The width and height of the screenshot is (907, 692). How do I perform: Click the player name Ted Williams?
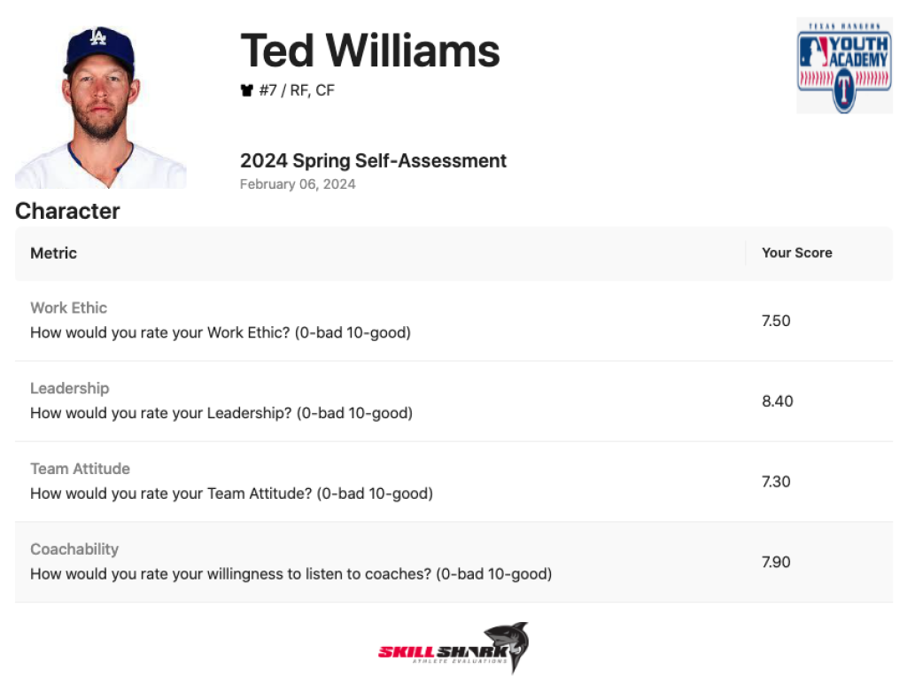(369, 51)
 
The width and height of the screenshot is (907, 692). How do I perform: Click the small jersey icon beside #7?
(247, 90)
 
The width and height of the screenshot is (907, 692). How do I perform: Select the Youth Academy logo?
(843, 66)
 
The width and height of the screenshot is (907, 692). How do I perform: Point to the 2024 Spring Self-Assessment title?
(373, 161)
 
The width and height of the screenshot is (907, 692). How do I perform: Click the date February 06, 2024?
(298, 184)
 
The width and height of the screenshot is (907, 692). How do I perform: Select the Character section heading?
(67, 211)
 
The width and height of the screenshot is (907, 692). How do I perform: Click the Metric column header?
(53, 253)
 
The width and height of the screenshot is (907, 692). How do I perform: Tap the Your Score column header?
(796, 253)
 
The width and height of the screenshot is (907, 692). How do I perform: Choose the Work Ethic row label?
(68, 307)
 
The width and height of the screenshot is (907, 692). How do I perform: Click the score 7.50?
(776, 321)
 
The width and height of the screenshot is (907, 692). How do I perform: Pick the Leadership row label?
(69, 388)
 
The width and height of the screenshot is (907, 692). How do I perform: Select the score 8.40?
(777, 401)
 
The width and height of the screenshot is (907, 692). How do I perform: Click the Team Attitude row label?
(80, 469)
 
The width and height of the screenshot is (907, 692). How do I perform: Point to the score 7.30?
(776, 482)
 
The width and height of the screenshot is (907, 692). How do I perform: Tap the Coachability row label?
(74, 549)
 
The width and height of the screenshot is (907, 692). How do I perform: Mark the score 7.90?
(776, 563)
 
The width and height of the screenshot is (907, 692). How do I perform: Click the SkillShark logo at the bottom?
(453, 649)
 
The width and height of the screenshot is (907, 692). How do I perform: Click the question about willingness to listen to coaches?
(291, 574)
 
